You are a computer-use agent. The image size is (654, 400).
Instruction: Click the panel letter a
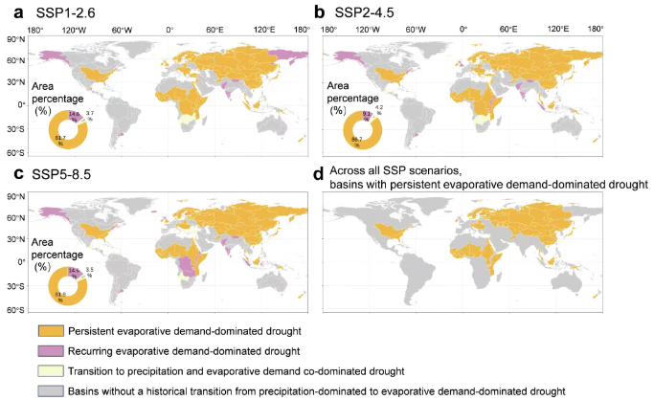(8, 11)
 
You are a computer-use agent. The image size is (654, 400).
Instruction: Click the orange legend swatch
(50, 330)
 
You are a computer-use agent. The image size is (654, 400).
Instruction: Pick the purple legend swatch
(50, 350)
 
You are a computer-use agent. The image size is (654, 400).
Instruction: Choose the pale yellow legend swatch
(50, 370)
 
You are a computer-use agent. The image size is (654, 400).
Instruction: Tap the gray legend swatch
(50, 390)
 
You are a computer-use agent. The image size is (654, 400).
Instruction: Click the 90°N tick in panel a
(13, 39)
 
